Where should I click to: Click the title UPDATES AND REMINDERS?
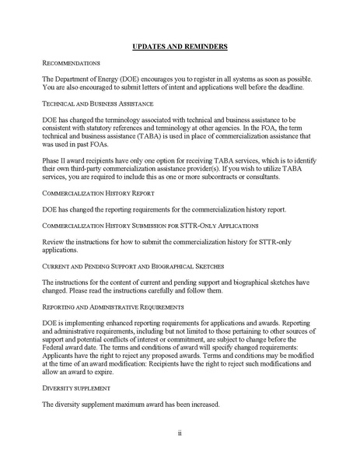[180, 47]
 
